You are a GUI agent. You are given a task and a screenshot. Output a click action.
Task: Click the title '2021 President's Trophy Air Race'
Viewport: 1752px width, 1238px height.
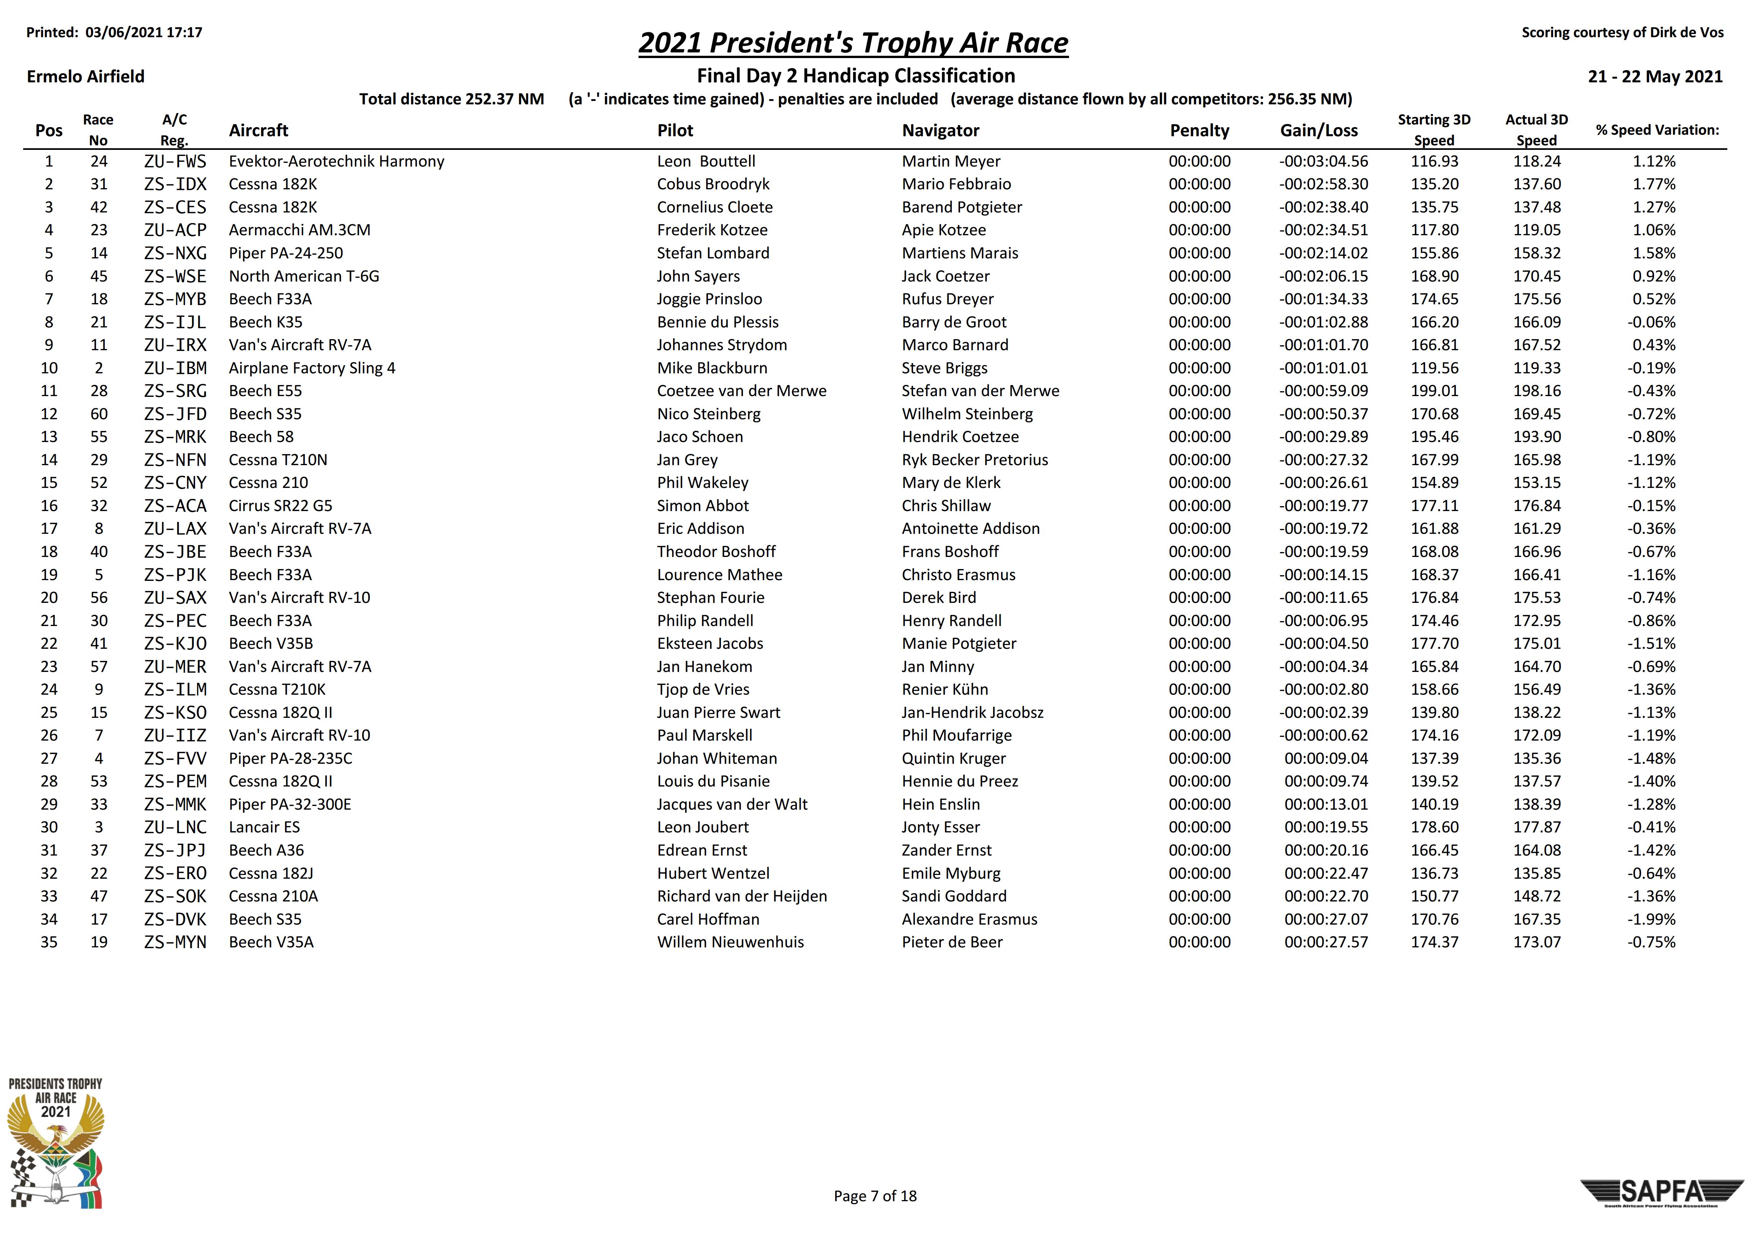(x=853, y=43)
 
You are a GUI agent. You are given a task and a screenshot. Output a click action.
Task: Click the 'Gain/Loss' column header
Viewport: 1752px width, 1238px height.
(x=1318, y=131)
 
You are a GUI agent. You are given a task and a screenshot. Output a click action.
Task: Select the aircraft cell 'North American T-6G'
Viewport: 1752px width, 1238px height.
(x=304, y=276)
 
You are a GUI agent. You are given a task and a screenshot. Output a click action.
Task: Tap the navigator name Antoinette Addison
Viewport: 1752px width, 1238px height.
(x=970, y=529)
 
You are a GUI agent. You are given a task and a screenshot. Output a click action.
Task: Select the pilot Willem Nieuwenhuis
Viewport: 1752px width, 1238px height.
(x=730, y=942)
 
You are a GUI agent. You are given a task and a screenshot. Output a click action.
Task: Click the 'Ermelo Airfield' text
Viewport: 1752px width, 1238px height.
(x=85, y=76)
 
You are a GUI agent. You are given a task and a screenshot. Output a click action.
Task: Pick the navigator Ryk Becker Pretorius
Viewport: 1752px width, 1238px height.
(x=975, y=460)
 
